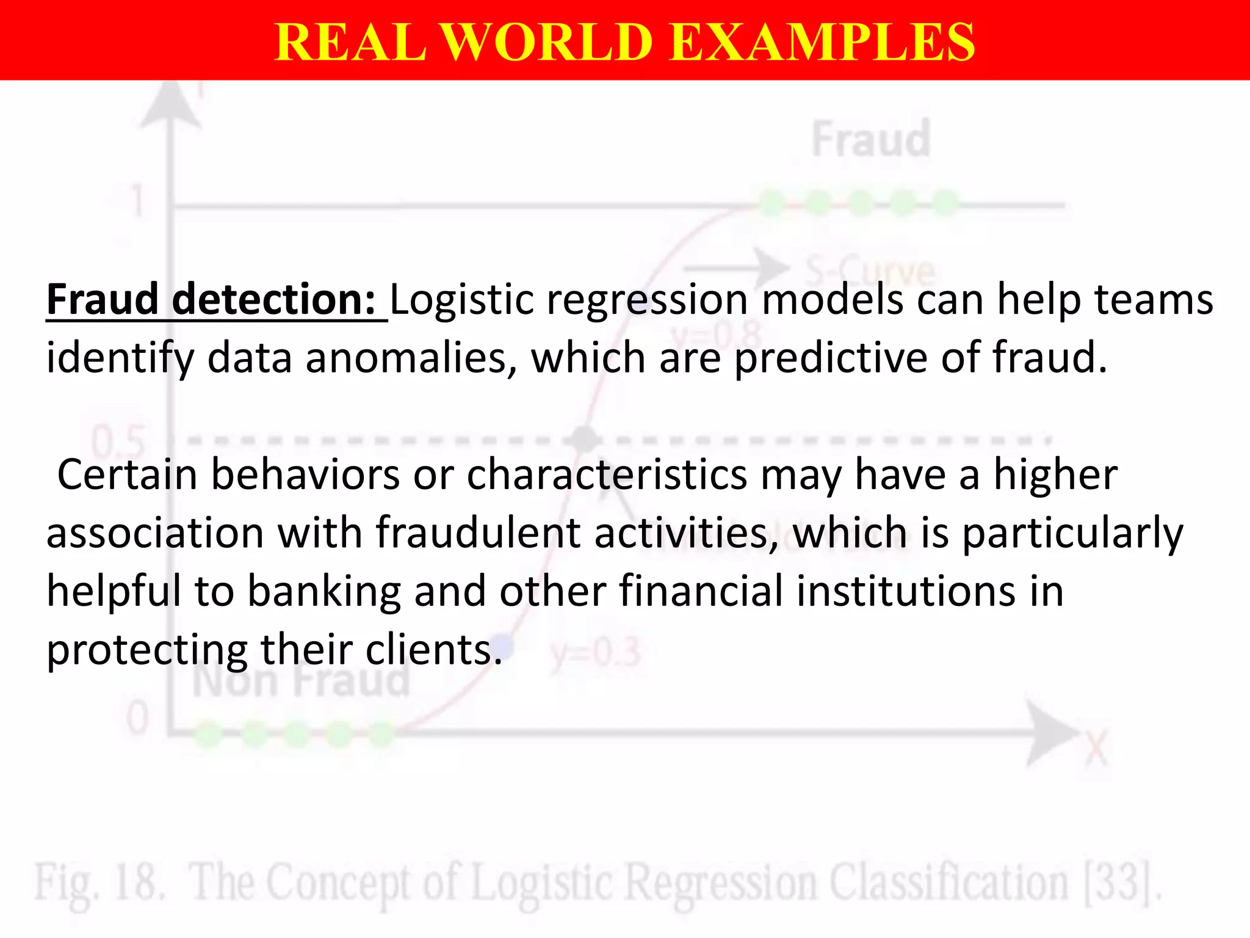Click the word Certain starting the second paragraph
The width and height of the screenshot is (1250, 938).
[x=127, y=474]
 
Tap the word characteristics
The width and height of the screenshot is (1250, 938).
[x=607, y=474]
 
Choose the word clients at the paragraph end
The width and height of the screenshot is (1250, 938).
[x=433, y=649]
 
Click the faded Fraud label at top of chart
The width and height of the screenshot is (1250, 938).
[x=871, y=140]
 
